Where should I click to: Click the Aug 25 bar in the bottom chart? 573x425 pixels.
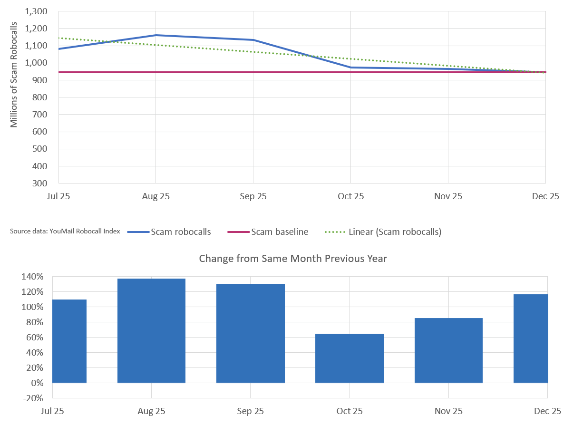pos(151,330)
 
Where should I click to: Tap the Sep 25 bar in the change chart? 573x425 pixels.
pos(251,333)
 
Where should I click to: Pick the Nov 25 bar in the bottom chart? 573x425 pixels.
pos(448,350)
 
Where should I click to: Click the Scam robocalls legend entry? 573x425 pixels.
pos(169,232)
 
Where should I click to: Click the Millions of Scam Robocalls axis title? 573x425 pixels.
pos(14,74)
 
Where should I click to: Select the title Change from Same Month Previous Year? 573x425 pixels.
pos(293,259)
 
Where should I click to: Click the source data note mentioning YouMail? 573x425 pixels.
pos(65,232)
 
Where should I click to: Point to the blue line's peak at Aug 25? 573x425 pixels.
pos(156,35)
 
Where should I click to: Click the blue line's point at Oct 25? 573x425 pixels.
pos(350,68)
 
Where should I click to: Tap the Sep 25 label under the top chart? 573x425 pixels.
pos(253,196)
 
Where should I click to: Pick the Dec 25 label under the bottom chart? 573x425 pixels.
pos(547,411)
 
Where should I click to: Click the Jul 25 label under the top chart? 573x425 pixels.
pos(58,196)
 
